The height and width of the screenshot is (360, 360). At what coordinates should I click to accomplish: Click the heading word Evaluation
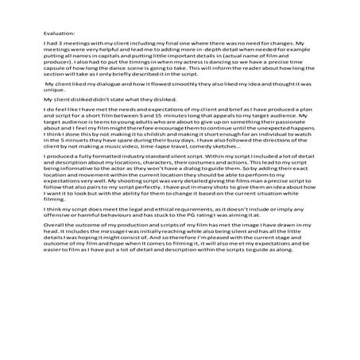pyautogui.click(x=57, y=33)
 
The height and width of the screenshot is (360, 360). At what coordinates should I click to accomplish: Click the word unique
pyautogui.click(x=56, y=111)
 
